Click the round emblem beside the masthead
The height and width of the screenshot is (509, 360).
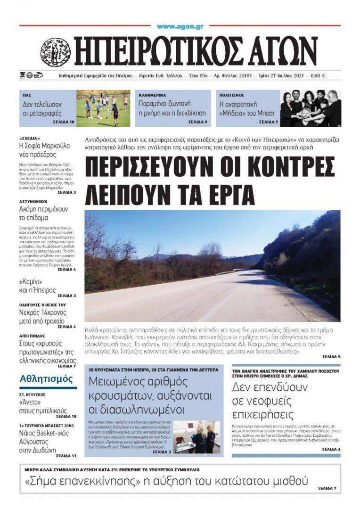[55, 52]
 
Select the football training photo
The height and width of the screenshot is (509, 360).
[103, 108]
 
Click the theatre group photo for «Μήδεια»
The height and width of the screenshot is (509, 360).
[311, 108]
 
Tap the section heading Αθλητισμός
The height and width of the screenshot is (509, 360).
[46, 379]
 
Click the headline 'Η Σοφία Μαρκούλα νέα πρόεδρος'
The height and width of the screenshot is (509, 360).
[44, 150]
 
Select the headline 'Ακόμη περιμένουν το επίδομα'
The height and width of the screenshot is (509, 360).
[43, 213]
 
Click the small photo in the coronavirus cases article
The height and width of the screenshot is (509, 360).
[197, 437]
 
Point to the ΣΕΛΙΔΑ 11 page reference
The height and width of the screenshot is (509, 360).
[66, 456]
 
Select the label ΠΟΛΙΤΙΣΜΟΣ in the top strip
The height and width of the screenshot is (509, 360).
[231, 95]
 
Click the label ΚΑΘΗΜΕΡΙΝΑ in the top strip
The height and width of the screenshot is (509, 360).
[152, 95]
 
